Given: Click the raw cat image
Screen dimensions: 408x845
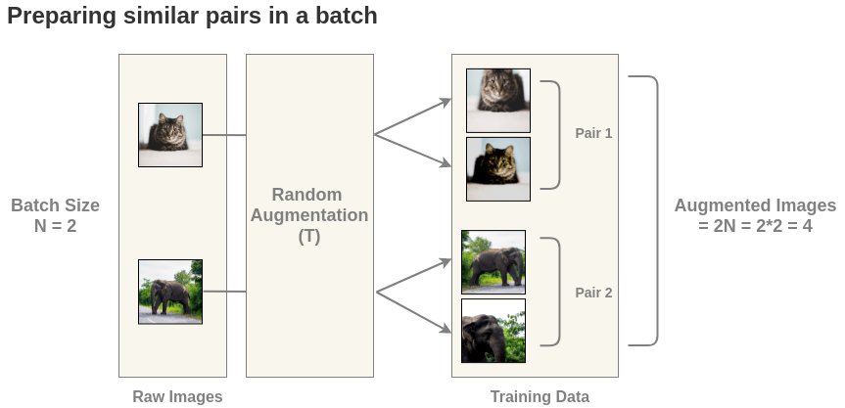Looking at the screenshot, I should [x=170, y=134].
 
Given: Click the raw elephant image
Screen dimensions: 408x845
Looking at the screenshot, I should [x=170, y=292].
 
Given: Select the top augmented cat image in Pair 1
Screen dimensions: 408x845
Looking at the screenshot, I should [x=497, y=100].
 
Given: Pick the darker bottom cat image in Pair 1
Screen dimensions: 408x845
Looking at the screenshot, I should [x=497, y=168].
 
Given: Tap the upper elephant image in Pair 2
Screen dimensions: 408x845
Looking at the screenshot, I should [x=493, y=261].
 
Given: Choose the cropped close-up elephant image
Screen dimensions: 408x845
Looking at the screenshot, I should [x=493, y=331].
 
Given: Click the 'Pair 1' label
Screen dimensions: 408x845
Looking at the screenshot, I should [x=593, y=133].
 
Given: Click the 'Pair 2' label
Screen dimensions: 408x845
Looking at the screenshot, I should [x=593, y=292].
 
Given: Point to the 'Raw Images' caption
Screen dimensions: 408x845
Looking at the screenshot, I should [x=177, y=396].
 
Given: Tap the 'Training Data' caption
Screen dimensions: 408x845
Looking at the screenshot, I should [x=540, y=396].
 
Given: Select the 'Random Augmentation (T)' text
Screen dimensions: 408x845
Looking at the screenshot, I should [x=309, y=215].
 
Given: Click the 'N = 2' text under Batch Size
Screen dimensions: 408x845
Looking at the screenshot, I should [x=56, y=226].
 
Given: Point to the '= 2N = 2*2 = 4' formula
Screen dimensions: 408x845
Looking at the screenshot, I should [x=755, y=226].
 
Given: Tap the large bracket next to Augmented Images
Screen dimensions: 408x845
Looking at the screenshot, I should [x=652, y=210].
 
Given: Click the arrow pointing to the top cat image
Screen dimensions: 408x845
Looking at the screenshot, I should [x=413, y=116].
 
